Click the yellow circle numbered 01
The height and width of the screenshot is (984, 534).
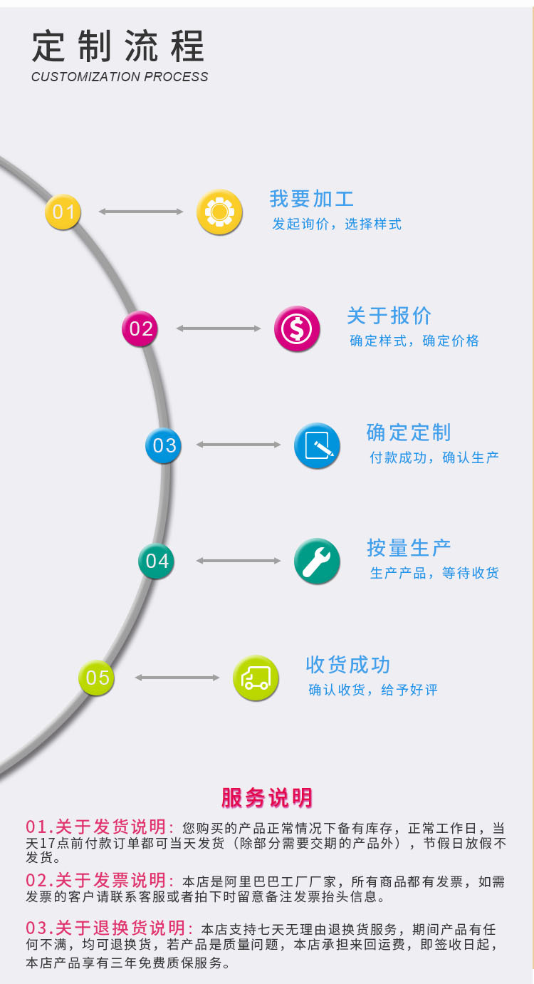(x=63, y=212)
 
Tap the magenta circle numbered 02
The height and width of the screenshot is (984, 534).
(x=140, y=328)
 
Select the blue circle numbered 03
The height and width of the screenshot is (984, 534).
(x=164, y=445)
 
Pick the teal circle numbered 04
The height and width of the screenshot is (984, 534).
(x=157, y=561)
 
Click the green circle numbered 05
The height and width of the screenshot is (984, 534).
(x=97, y=677)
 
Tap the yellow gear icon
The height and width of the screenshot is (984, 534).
(x=219, y=212)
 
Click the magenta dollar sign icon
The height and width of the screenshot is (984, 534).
(x=297, y=328)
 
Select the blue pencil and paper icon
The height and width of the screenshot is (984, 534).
(x=317, y=445)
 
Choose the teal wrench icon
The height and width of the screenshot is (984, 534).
(x=317, y=561)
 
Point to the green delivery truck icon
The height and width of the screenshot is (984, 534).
(x=256, y=677)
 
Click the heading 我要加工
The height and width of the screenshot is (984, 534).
(x=311, y=199)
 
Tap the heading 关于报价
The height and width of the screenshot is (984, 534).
(x=389, y=316)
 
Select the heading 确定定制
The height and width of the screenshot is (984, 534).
(x=409, y=433)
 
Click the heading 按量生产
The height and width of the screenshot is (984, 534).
(x=409, y=548)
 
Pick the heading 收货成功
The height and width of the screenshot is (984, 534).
(x=347, y=665)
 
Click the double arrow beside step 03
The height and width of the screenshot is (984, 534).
(x=239, y=445)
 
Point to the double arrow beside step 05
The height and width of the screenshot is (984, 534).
(x=177, y=677)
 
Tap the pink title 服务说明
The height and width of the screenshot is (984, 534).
(x=266, y=797)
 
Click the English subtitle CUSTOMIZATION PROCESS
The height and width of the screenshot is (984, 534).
(x=120, y=77)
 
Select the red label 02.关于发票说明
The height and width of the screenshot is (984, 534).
(x=100, y=881)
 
